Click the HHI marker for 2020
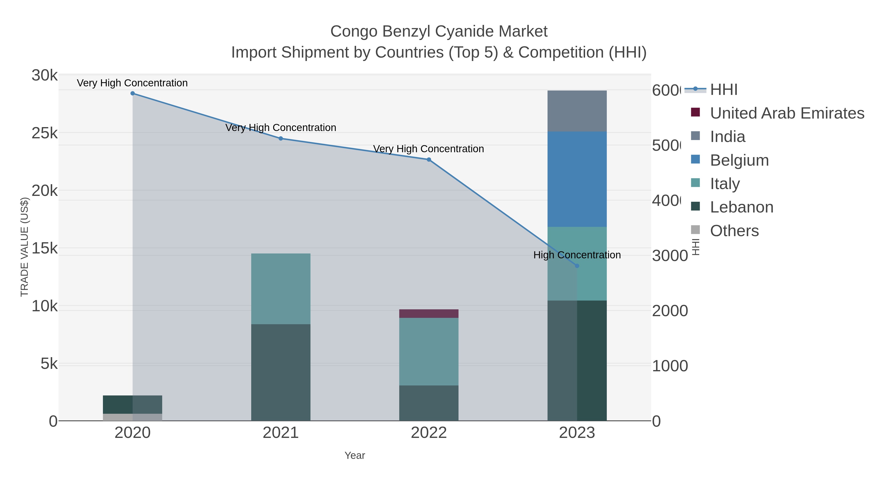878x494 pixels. tap(133, 93)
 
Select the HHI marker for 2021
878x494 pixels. tap(280, 138)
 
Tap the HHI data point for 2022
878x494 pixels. tap(429, 160)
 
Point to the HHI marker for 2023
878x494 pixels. tap(577, 266)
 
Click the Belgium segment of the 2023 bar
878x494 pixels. tap(577, 179)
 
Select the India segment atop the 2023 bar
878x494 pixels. tap(577, 111)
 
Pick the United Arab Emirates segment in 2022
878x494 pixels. tap(429, 314)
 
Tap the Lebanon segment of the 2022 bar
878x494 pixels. tap(429, 403)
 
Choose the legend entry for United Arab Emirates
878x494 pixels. tap(787, 113)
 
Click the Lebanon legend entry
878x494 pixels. tap(741, 207)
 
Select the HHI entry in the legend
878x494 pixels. tap(724, 90)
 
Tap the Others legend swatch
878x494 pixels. tap(695, 230)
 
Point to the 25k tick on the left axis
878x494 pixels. tap(44, 133)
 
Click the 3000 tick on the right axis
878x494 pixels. tap(670, 256)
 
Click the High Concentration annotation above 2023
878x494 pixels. tap(577, 255)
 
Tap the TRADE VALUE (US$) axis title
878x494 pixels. tap(25, 247)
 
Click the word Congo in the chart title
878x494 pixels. tap(354, 32)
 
